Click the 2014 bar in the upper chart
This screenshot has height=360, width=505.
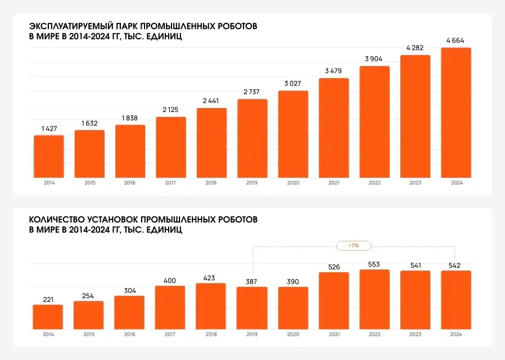49,156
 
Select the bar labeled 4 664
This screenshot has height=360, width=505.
456,112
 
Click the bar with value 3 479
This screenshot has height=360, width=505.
334,128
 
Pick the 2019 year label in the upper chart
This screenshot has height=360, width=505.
252,183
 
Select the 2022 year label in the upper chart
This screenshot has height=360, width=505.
375,183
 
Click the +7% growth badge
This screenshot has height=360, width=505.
353,246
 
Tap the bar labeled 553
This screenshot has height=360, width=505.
375,299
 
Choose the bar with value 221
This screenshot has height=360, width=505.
48,317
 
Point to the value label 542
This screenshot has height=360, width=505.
456,264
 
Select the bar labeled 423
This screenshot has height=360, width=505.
211,306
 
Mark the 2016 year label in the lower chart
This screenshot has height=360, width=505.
129,334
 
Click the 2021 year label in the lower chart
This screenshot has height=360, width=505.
334,334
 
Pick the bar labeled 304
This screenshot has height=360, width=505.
129,312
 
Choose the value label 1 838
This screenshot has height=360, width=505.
130,118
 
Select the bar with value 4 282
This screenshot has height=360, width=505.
415,116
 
